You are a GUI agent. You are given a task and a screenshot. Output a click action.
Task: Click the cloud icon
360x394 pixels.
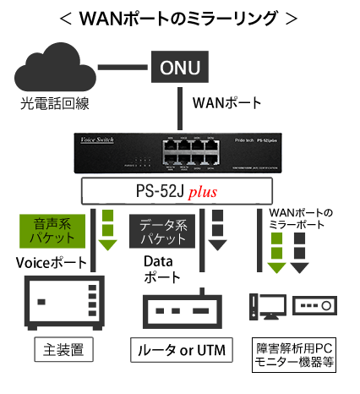(x=56, y=70)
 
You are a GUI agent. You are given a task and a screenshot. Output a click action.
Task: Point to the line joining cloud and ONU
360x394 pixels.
(x=123, y=67)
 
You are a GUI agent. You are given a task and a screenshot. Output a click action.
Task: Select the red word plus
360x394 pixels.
(x=203, y=192)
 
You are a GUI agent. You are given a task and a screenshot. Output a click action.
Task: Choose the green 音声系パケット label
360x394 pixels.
(x=51, y=231)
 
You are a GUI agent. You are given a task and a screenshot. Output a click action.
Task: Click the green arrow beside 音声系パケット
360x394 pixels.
(x=107, y=233)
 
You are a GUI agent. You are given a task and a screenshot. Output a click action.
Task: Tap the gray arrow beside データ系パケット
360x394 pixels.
(x=217, y=233)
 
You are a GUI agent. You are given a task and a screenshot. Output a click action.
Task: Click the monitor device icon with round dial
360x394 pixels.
(x=314, y=304)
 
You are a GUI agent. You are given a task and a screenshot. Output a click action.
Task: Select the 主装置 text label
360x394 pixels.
(x=63, y=348)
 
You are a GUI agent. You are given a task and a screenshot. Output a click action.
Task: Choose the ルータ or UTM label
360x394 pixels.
(x=181, y=349)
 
